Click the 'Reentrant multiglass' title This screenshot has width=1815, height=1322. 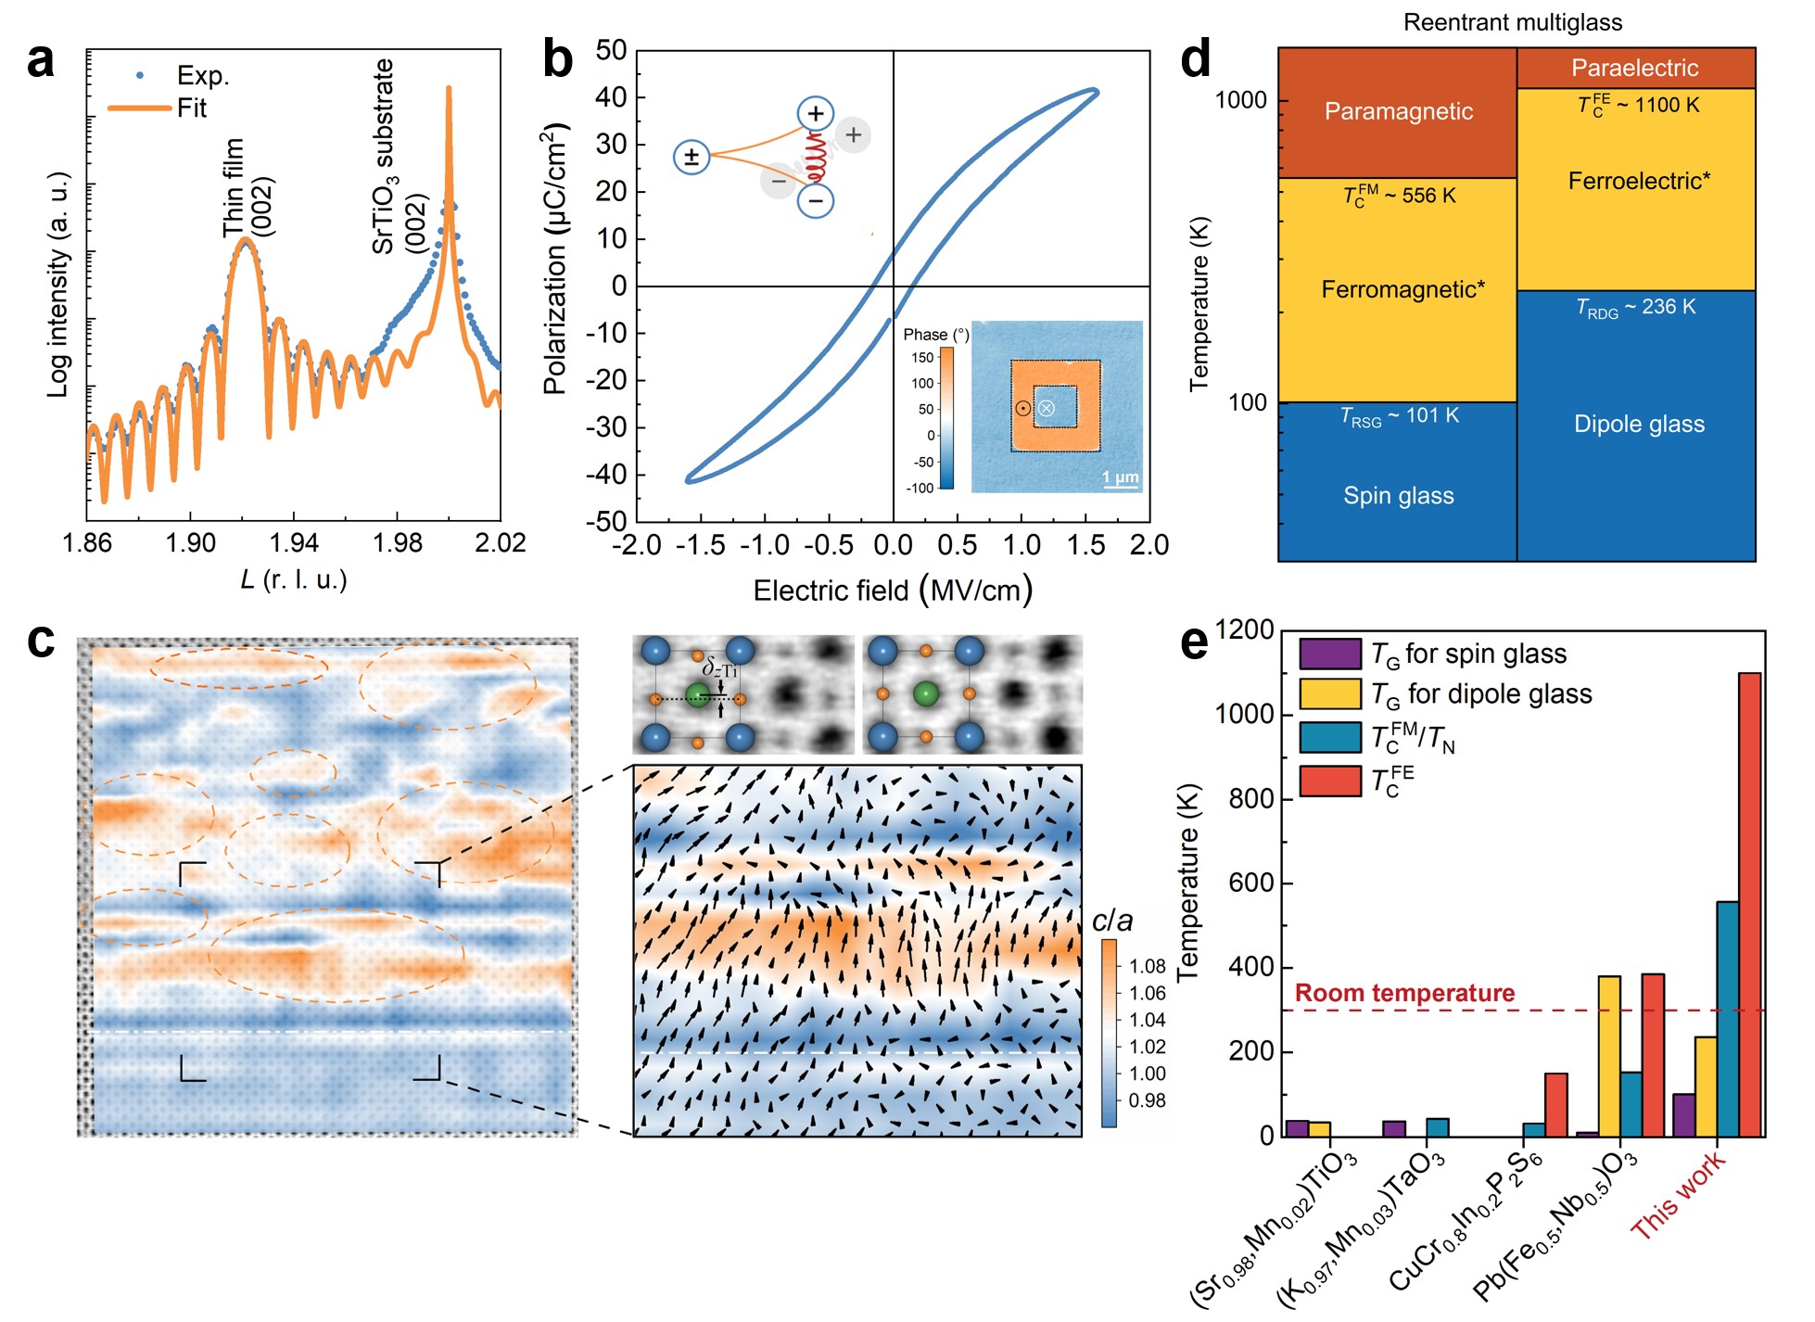(x=1512, y=22)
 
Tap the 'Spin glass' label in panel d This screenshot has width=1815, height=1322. (x=1398, y=495)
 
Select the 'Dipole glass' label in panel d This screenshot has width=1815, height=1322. (x=1638, y=424)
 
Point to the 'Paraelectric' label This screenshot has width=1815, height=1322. (x=1634, y=68)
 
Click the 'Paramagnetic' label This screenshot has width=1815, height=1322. (x=1398, y=111)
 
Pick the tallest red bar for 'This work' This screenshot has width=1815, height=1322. (x=1749, y=904)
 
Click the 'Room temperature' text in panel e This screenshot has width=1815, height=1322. (x=1404, y=993)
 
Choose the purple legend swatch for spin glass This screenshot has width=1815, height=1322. (x=1329, y=654)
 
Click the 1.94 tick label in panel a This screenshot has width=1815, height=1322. (x=294, y=542)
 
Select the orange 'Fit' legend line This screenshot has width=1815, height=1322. (x=139, y=108)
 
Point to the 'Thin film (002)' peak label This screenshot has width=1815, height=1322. (x=247, y=188)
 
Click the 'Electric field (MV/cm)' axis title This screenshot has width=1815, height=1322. (x=892, y=591)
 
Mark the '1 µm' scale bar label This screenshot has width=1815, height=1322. (x=1120, y=477)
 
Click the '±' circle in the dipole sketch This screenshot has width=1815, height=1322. (x=691, y=157)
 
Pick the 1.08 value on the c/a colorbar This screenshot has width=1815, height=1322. (x=1148, y=966)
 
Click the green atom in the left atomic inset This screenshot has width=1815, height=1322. (x=697, y=695)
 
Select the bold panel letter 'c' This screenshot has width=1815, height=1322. (x=41, y=642)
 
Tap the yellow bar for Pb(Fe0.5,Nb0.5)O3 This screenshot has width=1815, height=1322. (x=1609, y=1056)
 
